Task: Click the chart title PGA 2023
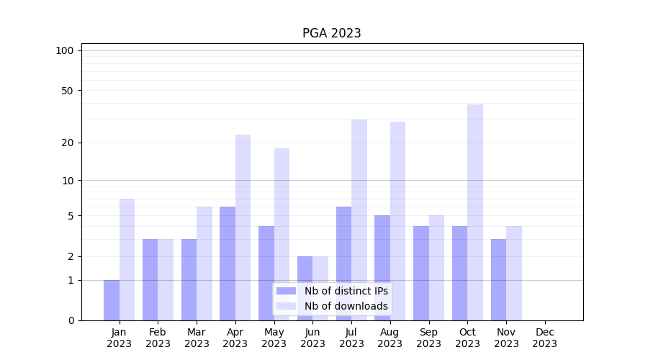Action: [x=331, y=33]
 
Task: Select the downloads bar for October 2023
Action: [x=475, y=212]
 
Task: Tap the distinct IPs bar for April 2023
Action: [x=228, y=264]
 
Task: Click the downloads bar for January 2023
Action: [x=127, y=259]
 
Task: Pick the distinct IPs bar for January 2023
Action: [x=112, y=300]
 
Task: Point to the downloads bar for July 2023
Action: [x=359, y=220]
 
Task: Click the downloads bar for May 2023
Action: [x=282, y=234]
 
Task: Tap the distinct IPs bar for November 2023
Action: [x=498, y=279]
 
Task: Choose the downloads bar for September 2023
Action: [x=436, y=268]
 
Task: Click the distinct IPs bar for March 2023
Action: [x=189, y=279]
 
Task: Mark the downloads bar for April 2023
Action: [x=243, y=228]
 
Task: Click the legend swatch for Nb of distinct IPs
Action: [x=286, y=291]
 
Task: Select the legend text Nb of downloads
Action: [x=346, y=306]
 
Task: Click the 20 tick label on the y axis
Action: [x=68, y=143]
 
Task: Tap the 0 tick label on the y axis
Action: [x=71, y=320]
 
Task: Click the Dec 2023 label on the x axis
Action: [x=545, y=338]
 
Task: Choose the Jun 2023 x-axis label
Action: [x=312, y=338]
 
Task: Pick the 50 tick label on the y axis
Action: [x=68, y=91]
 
